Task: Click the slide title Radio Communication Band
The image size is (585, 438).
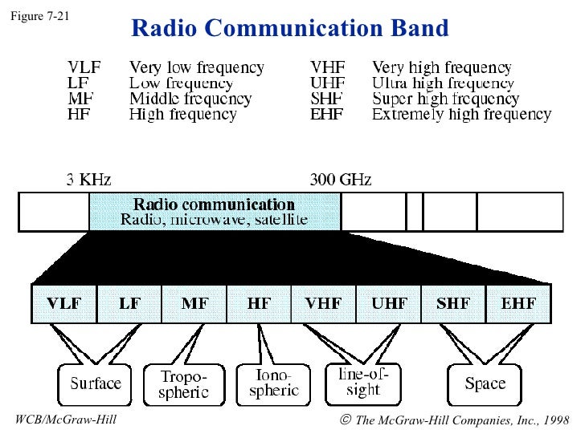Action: pos(289,29)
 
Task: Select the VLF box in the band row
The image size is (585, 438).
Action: pos(63,304)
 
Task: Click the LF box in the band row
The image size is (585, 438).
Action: pos(129,304)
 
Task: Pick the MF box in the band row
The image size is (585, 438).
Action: pos(194,304)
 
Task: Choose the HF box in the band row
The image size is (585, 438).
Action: pos(259,304)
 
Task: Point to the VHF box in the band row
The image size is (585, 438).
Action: pos(323,304)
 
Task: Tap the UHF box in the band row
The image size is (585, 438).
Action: pos(389,304)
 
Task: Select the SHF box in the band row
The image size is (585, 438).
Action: pos(454,304)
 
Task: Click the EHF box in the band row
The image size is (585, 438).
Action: pos(518,304)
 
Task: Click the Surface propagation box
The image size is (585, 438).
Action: pos(96,383)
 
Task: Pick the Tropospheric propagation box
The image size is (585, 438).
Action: pos(184,384)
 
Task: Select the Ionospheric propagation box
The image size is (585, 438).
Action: pos(273,383)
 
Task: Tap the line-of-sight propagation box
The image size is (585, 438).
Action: pos(363,383)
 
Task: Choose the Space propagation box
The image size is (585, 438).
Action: pos(485,383)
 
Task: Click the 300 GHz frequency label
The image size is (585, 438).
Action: pos(341,179)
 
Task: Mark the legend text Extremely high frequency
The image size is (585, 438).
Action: pos(461,115)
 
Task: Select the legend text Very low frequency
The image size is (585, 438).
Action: pos(196,68)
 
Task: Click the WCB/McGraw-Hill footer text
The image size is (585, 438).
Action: pos(66,420)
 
